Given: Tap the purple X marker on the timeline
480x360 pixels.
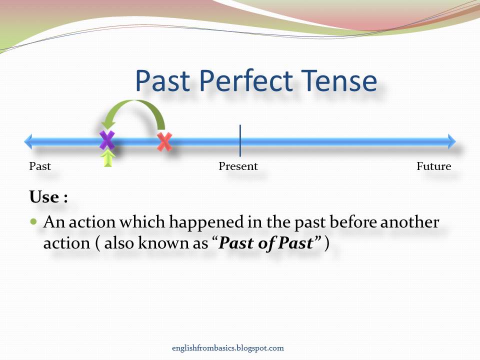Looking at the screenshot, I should [107, 140].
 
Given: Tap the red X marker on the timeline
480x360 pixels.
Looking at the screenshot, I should [164, 142].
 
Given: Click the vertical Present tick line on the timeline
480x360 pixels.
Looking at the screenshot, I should [240, 140].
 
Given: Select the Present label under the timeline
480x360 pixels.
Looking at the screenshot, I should [238, 166].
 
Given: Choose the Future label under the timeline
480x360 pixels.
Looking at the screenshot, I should [433, 166].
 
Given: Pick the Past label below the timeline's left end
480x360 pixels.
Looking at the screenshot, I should [40, 166].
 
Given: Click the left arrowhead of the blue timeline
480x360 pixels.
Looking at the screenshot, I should [29, 141].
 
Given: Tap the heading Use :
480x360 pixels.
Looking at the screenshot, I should [48, 197].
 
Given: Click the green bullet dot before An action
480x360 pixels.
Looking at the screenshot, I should [34, 221].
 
